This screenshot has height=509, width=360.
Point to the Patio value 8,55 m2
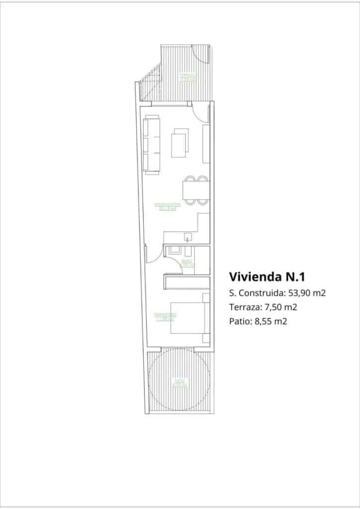271,321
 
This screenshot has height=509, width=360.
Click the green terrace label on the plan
187,77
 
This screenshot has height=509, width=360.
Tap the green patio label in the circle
179,383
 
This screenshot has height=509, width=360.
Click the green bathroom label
187,263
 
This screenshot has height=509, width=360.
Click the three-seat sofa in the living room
152,144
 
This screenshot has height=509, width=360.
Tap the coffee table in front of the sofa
180,143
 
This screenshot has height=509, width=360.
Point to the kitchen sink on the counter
187,236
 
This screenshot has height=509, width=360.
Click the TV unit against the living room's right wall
206,144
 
